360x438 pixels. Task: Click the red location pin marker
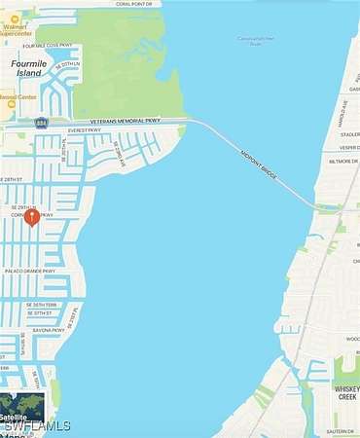(x=31, y=217)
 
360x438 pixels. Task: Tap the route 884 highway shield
(x=41, y=123)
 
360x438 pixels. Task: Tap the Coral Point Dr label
(x=133, y=4)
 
